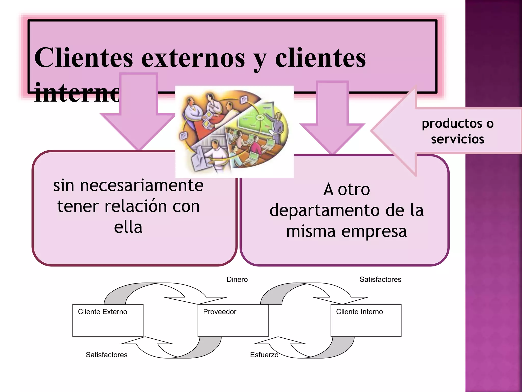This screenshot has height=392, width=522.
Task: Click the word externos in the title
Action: coord(193,58)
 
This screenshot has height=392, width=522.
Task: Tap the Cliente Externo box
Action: coord(108,320)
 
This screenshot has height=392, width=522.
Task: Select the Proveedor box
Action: coord(233,320)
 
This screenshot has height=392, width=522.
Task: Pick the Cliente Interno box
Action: coord(366,320)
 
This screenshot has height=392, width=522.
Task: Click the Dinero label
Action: coord(237,279)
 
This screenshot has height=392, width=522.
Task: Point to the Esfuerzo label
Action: coord(264,355)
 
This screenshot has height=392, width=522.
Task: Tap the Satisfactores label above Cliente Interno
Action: coord(380,279)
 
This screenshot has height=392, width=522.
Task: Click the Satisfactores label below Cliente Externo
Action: coord(107,355)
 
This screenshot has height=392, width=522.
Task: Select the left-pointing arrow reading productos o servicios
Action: coord(446,131)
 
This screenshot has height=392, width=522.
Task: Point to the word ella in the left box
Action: coord(128,227)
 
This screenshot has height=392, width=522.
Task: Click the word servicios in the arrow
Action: coord(458,139)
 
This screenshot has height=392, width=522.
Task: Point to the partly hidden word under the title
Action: coord(76,93)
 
